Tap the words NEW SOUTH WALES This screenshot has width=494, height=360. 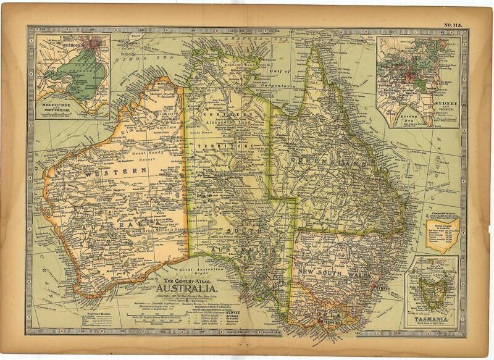click(336, 272)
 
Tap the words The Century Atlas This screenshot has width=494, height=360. click(187, 280)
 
